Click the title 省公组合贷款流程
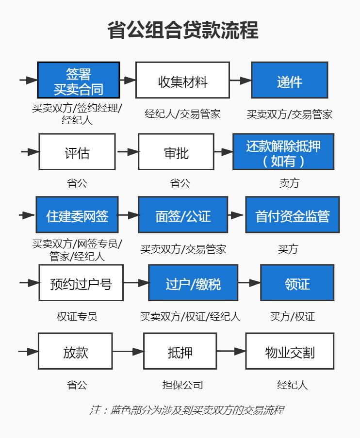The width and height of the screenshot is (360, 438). [x=182, y=30]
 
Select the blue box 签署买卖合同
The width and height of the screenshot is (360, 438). [x=79, y=81]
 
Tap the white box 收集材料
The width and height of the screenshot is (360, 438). [x=182, y=81]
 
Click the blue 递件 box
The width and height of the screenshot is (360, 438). [x=289, y=81]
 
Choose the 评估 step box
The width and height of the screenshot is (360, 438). [x=77, y=152]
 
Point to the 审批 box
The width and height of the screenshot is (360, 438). [x=176, y=152]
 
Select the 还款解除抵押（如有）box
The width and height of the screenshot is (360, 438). [x=283, y=152]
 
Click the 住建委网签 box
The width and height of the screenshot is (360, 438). [x=77, y=215]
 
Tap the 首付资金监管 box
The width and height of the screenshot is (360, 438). [x=292, y=215]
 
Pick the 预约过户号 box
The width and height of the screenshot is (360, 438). [x=81, y=283]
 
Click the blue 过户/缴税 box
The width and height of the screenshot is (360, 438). [x=193, y=283]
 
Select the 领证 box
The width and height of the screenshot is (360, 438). [x=297, y=283]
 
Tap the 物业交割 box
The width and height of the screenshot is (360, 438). [x=290, y=351]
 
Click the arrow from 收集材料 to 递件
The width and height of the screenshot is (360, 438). [x=240, y=81]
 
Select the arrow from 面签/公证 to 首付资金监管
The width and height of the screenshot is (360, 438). [x=236, y=215]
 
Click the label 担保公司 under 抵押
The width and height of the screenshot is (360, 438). [x=182, y=385]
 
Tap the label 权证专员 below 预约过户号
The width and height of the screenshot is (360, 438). [x=77, y=317]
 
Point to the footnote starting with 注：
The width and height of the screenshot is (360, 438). [x=186, y=410]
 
